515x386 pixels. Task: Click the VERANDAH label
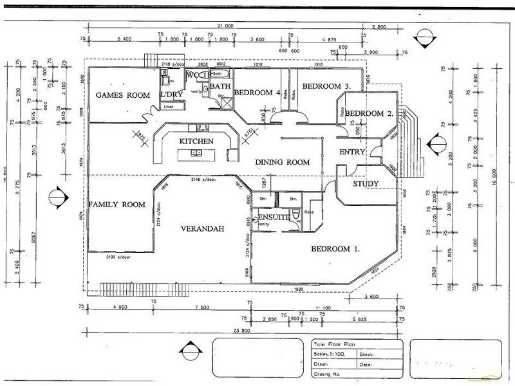coord(201,228)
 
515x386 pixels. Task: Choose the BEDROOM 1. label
coord(335,248)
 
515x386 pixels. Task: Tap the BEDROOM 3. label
coord(326,86)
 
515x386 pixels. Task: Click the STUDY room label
coord(366,185)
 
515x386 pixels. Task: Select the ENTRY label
coord(352,152)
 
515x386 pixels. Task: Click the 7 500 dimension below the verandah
coord(200,308)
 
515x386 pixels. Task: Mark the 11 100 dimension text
coord(323,308)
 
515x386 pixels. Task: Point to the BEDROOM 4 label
coord(257,93)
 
